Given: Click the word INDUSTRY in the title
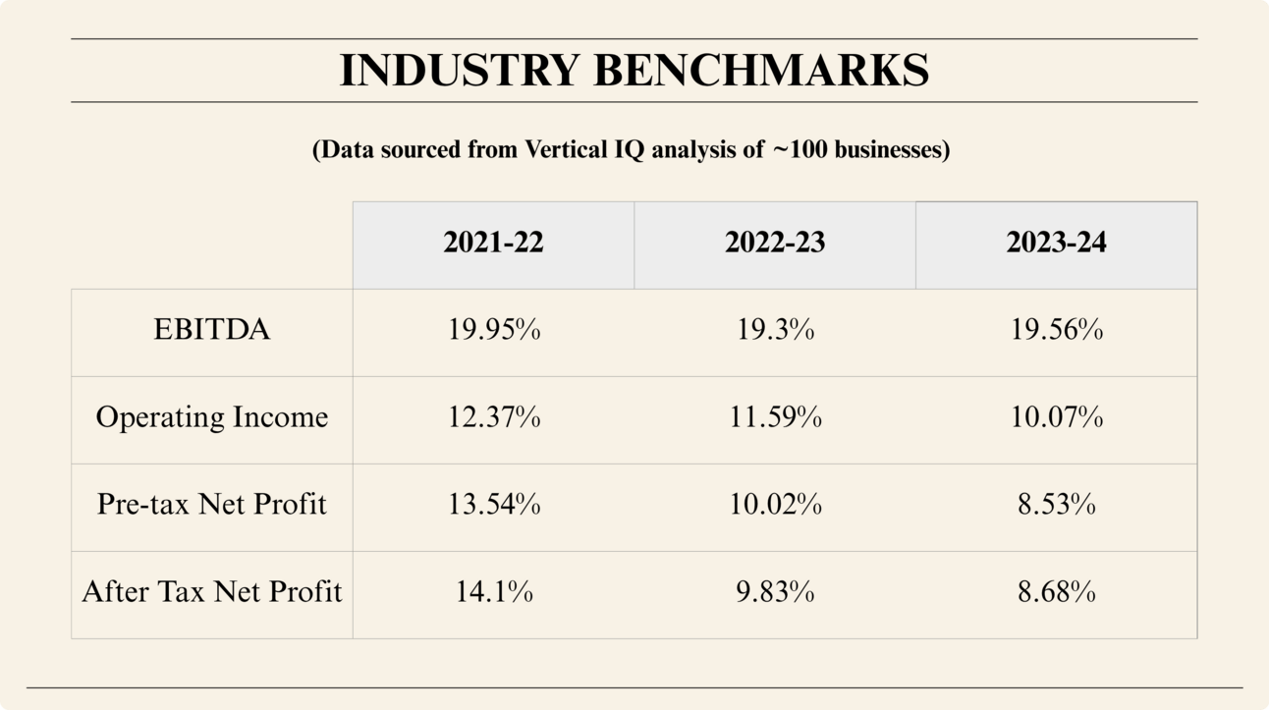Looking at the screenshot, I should [x=460, y=71].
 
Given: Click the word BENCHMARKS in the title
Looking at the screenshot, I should [x=761, y=71].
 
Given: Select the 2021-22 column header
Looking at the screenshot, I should [x=493, y=244].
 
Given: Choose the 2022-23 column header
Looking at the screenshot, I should [x=775, y=244].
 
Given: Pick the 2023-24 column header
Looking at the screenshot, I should [x=1056, y=244].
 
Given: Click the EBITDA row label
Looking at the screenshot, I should [x=211, y=330].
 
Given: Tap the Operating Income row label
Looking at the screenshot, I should [x=211, y=417].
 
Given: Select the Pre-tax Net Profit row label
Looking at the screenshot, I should [x=211, y=505].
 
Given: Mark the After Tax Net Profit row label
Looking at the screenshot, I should [x=211, y=592].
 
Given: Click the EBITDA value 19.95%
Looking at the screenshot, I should [x=494, y=330].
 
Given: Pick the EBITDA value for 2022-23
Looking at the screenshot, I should [x=775, y=330].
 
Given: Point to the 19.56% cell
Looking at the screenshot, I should [x=1056, y=330].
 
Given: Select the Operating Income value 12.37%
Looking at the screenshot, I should [x=494, y=417].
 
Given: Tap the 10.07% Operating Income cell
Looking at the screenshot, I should [x=1056, y=417].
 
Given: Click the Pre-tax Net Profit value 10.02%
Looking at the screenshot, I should [x=775, y=505].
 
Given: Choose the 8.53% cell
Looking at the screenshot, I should [x=1056, y=505].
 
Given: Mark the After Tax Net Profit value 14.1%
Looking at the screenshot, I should [x=494, y=592].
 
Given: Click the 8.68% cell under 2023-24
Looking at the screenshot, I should [x=1056, y=592].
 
